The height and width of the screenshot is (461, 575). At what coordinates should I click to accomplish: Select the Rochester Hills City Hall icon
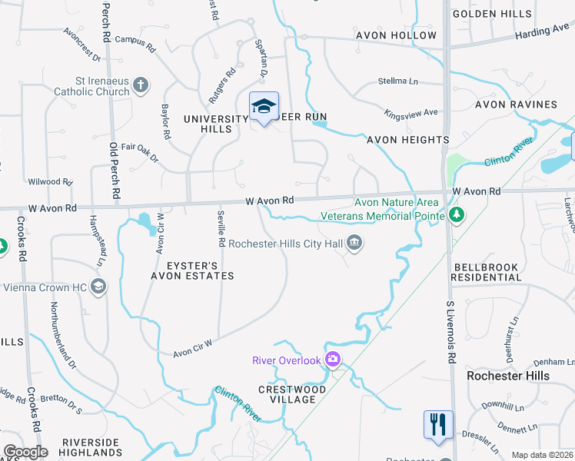click(x=354, y=244)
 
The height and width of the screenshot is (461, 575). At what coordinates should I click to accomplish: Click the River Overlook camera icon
click(x=333, y=359)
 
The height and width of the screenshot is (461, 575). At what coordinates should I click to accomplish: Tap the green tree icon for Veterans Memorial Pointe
click(x=457, y=214)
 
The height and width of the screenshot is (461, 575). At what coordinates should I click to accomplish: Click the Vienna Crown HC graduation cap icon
click(x=98, y=287)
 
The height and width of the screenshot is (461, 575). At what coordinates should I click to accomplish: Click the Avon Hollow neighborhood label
click(x=396, y=35)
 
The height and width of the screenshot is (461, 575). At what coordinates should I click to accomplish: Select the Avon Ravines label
click(x=516, y=104)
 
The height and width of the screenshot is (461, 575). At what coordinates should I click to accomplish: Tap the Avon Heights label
click(x=407, y=140)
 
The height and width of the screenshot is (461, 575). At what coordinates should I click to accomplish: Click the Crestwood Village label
click(x=287, y=394)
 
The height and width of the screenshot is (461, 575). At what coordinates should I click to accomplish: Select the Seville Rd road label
click(x=221, y=229)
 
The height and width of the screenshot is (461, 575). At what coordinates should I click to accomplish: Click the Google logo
click(x=25, y=452)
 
